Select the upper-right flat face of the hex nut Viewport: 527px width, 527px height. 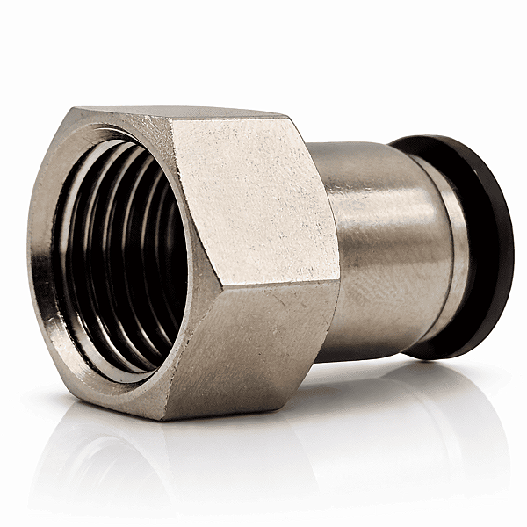[250, 198]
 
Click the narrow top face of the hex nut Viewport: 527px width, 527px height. [184, 112]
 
